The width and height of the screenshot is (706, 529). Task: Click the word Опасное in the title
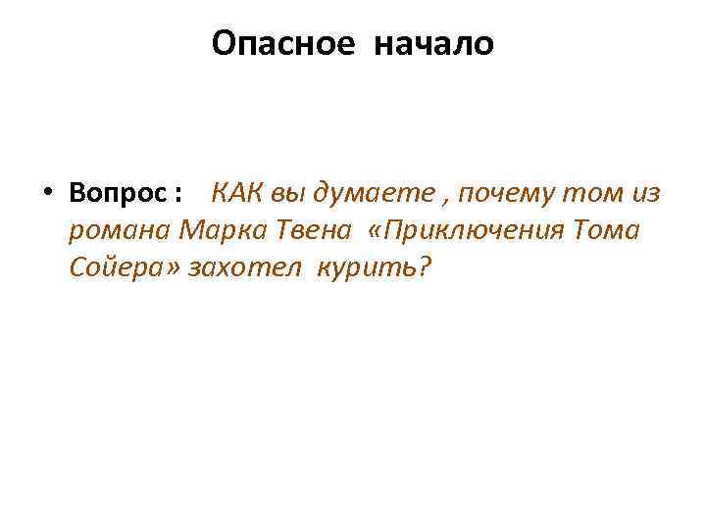point(282,44)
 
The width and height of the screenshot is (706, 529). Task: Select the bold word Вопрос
point(120,194)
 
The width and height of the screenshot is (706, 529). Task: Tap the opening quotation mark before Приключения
point(376,231)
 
